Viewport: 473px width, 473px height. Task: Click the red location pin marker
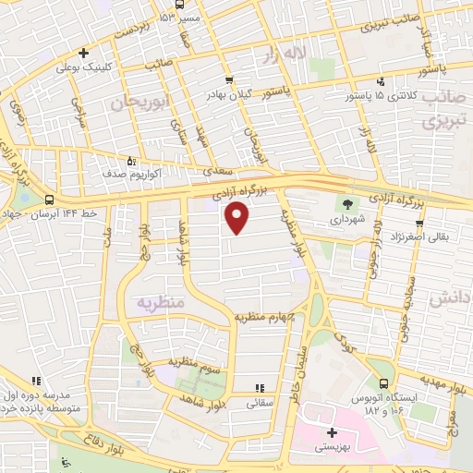(238, 218)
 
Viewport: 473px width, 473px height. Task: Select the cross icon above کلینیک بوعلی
(84, 53)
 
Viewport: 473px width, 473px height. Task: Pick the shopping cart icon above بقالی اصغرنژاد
(419, 224)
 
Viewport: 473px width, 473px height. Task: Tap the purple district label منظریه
(161, 302)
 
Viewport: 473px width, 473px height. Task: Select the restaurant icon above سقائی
(259, 387)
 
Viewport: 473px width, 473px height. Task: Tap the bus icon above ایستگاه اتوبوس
(382, 382)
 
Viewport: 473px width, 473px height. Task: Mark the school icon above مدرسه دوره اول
(36, 380)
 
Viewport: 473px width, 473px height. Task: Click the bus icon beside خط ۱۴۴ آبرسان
(49, 198)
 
